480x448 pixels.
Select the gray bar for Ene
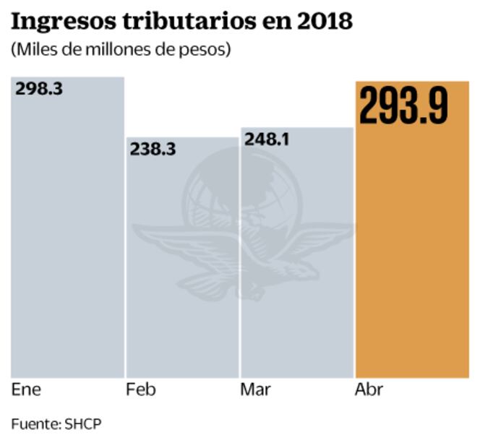[x=67, y=238]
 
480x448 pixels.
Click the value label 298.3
[x=39, y=89]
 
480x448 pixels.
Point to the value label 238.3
[x=153, y=149]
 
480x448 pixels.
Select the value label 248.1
[x=267, y=139]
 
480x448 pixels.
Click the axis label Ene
[x=27, y=390]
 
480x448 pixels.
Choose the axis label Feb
[x=141, y=390]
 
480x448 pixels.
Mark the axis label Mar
[x=256, y=390]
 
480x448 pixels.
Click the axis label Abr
[x=369, y=390]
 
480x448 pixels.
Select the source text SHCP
[x=83, y=424]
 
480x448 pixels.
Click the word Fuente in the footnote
[x=34, y=424]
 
